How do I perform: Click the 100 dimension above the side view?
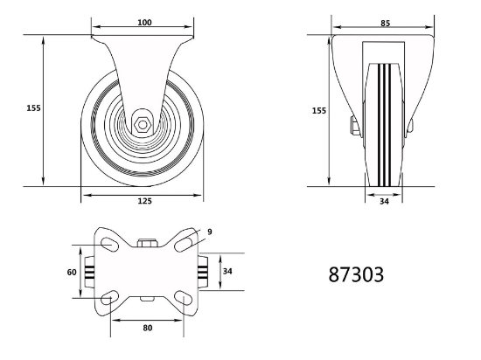tap(144, 23)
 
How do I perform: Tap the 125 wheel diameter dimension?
tap(144, 201)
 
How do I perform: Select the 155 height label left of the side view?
tap(33, 108)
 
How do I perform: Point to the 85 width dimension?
tap(386, 24)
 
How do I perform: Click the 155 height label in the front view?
tap(319, 111)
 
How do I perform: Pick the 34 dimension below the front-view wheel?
tap(384, 201)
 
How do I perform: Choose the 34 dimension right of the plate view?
tap(227, 271)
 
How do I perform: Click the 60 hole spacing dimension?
tap(72, 272)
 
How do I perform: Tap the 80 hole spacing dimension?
tap(148, 328)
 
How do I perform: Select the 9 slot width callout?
tap(210, 232)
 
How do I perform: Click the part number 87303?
tap(356, 274)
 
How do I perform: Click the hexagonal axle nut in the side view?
tap(143, 125)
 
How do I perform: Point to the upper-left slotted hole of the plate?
tap(110, 245)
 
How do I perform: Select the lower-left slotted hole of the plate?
tap(110, 297)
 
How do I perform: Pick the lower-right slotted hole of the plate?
tap(184, 298)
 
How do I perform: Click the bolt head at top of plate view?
tap(147, 244)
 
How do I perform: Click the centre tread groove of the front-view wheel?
tap(384, 125)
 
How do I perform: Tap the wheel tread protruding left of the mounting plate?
tap(89, 272)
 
